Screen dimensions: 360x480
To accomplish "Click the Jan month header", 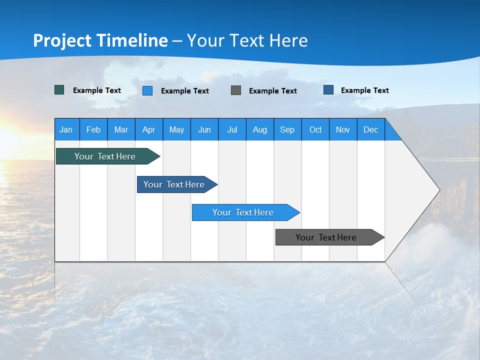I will tap(66, 129).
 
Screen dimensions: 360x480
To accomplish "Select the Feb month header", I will tap(93, 129).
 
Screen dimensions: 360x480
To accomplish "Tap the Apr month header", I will tap(149, 129).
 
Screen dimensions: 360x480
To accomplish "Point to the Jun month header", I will tap(204, 129).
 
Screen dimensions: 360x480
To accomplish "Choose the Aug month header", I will tap(260, 129).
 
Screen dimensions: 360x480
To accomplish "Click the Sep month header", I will tap(287, 129).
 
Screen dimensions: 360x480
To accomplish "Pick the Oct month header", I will tap(315, 129).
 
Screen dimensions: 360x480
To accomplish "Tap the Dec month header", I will tap(371, 129).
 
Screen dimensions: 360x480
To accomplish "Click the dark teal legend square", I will tap(59, 90).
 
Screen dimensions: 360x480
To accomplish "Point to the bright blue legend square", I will tap(147, 90).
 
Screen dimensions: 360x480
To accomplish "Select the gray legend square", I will tap(236, 90).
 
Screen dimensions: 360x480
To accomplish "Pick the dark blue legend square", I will tap(328, 90).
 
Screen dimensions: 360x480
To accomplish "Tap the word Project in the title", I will tap(62, 40).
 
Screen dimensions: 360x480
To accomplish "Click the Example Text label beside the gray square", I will tap(273, 91).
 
